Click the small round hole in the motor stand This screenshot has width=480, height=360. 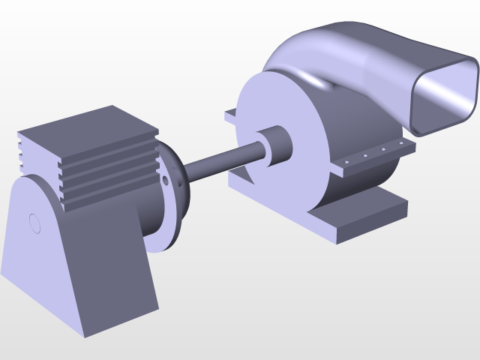34,222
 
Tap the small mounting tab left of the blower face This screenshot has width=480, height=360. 231,116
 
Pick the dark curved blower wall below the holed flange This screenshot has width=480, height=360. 360,184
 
